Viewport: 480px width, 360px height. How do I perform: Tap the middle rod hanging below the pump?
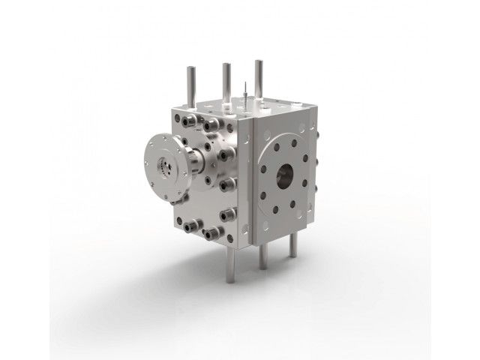(262, 259)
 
